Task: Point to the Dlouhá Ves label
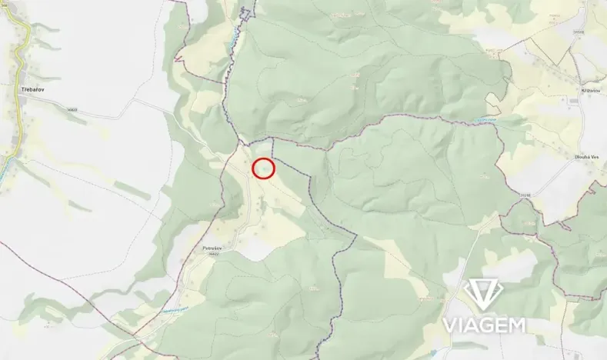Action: tap(585, 157)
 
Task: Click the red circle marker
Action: tap(263, 168)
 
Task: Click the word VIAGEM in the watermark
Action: tap(483, 325)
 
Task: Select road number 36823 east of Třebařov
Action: tap(72, 110)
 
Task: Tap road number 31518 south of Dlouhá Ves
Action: tap(525, 195)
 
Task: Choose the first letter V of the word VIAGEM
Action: tap(449, 325)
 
